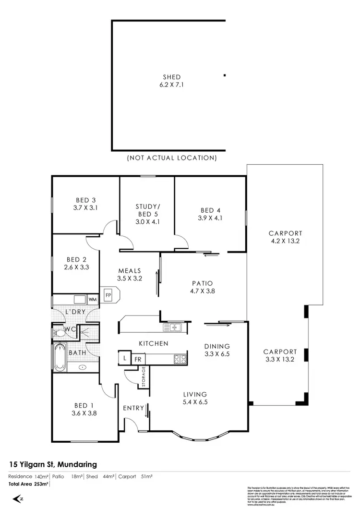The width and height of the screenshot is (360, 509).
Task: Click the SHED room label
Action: pos(172,77)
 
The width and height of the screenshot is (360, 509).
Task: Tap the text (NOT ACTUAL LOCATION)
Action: pos(172,158)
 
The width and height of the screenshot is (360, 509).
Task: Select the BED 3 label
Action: pos(86,200)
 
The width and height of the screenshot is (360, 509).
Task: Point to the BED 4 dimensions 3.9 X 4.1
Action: pos(211,218)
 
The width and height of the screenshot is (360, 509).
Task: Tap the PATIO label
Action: pos(201,283)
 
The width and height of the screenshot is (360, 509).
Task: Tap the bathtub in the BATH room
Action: pos(60,357)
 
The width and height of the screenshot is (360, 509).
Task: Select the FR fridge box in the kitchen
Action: pos(137,359)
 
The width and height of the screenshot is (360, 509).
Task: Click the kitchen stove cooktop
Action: pos(180,359)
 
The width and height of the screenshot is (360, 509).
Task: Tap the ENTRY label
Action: pos(133,408)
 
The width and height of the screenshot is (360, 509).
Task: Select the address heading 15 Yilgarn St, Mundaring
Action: pos(53,464)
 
